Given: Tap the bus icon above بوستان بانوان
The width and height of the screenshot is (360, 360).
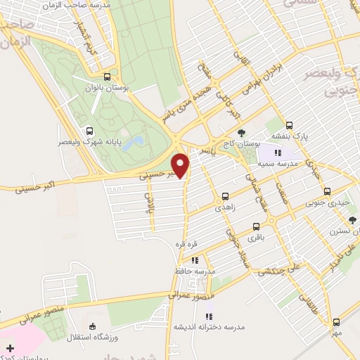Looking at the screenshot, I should point(106,77).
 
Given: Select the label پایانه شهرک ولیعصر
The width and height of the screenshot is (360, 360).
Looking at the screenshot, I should point(89,141).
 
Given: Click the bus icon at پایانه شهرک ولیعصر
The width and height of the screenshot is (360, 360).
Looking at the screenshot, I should point(89,131).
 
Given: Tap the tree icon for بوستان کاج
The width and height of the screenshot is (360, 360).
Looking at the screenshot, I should point(242,133).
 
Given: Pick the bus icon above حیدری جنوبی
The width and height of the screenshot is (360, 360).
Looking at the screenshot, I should point(326,191).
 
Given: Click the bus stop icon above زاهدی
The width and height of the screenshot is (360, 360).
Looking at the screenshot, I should point(225,196).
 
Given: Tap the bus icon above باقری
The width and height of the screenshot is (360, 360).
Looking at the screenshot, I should point(255,227).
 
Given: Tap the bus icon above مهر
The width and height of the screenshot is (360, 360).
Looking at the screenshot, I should point(336,320).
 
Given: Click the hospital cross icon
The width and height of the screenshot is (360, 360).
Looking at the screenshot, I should point(9,348).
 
